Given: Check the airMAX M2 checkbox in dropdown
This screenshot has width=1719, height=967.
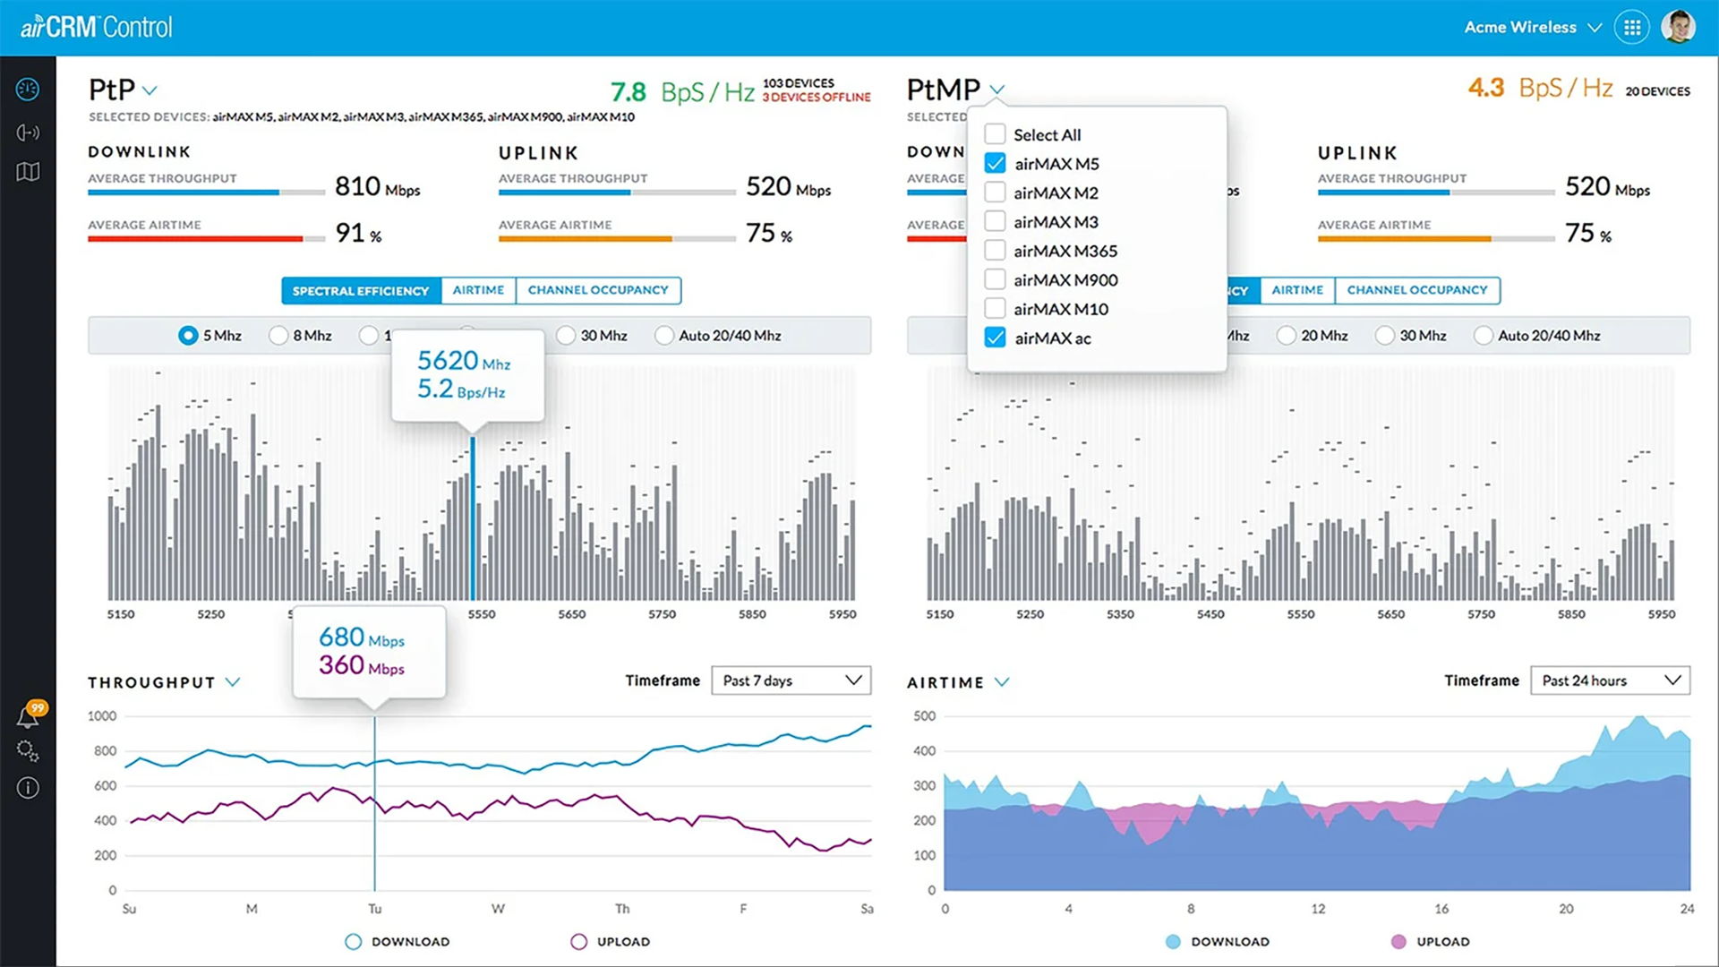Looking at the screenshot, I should coord(995,193).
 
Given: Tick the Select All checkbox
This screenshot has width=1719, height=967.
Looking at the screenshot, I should coord(995,134).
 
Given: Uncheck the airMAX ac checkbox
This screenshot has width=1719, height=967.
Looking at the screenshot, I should coord(995,338).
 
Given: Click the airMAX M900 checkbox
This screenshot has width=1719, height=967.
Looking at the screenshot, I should coord(995,279).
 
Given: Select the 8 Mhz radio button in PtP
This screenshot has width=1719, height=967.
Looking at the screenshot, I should coord(278,335).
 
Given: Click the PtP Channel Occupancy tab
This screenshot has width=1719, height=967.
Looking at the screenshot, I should coord(597,290).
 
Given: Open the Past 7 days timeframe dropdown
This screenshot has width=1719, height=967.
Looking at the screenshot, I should coord(791,680).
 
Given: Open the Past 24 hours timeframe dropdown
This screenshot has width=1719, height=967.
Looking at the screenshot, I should coord(1610,680).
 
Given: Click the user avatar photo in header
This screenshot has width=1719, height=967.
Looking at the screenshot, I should coord(1678,27).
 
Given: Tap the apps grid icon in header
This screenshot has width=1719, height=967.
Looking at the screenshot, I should coord(1632,27).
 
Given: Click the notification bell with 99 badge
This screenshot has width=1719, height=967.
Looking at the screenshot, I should coord(29,716).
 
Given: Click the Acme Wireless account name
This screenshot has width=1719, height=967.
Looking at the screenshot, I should coord(1520,27).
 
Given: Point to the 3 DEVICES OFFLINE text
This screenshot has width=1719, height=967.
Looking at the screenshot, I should coord(816,98).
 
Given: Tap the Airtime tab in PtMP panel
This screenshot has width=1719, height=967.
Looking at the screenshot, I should coord(1296,290).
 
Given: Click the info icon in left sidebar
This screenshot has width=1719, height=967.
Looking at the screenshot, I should coord(28,788).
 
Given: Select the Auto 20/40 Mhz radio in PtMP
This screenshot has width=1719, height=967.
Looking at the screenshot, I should coord(1484,335).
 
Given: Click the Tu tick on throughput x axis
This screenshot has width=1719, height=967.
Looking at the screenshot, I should coord(374,909).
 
